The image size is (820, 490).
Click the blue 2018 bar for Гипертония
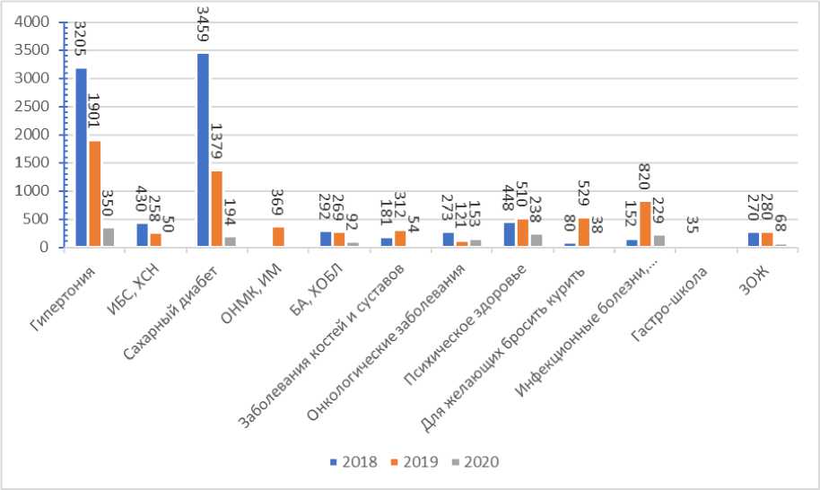tap(82, 157)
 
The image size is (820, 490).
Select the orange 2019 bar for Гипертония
tap(95, 194)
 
